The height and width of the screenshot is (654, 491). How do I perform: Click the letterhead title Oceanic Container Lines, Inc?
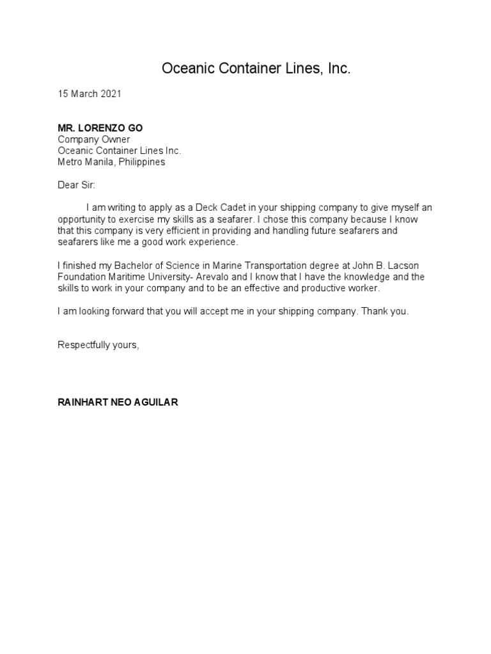[x=256, y=69]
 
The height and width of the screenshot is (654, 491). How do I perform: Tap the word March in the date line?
[x=83, y=94]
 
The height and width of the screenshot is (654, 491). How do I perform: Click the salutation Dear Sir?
[x=75, y=185]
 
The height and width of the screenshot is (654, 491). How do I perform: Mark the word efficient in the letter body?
[x=199, y=231]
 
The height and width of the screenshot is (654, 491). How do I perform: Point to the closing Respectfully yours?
[x=98, y=346]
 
